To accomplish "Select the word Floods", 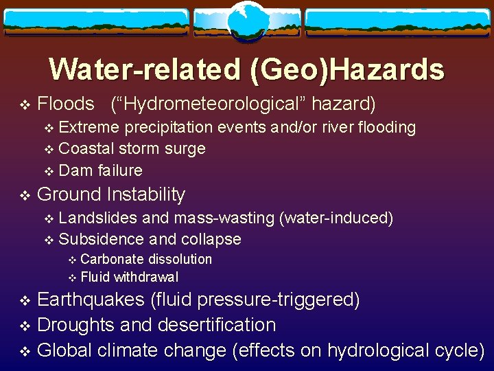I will pos(65,104).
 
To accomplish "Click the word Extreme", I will pos(88,127).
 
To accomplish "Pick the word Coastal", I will pos(86,148).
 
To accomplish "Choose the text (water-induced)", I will pos(336,218).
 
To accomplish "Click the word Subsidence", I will pos(101,239).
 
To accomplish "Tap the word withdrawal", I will pos(146,277).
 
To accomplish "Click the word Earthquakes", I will pos(90,300).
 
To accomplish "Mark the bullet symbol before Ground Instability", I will pos(25,196).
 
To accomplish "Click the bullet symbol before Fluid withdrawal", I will pos(73,278).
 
